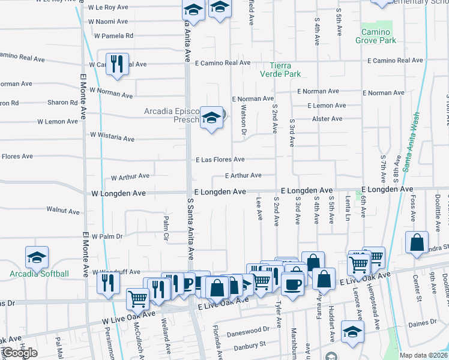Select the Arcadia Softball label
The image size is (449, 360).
[39, 274]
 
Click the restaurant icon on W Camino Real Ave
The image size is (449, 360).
[117, 64]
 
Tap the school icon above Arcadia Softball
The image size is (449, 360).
[37, 257]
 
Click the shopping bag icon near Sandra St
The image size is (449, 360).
[417, 242]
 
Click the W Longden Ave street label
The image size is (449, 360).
[118, 194]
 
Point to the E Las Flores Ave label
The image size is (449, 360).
[220, 160]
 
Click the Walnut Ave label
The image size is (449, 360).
[63, 210]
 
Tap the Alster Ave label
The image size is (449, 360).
[327, 119]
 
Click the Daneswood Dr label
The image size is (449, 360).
[249, 330]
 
